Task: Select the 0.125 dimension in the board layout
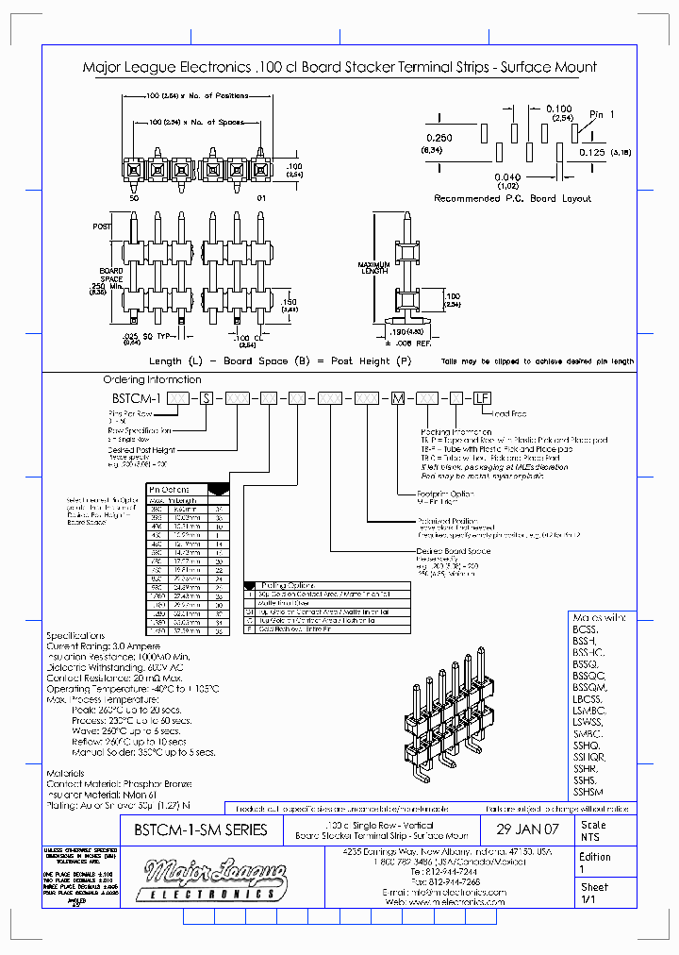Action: click(591, 151)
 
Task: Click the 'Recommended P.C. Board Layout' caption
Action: click(512, 199)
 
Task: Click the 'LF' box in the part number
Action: click(482, 398)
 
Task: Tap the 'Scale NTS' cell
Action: click(594, 830)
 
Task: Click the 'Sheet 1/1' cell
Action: click(594, 894)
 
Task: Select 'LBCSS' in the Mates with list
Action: click(586, 697)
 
